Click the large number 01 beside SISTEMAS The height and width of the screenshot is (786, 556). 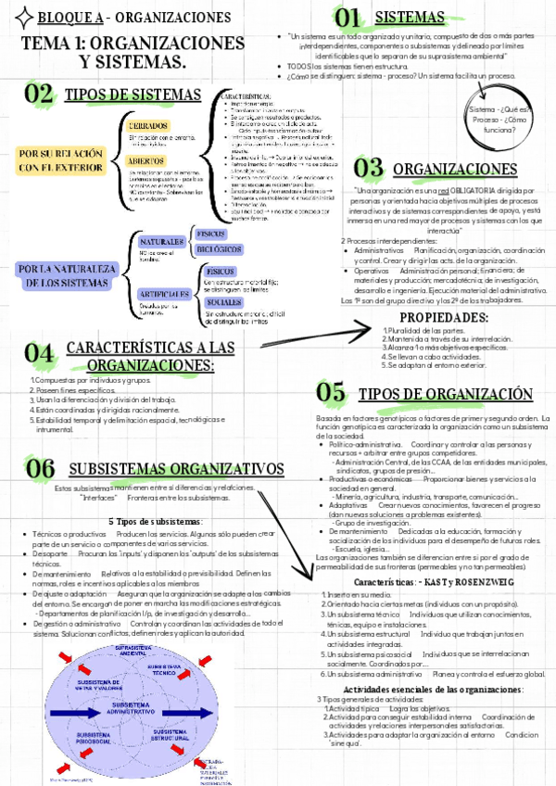pyautogui.click(x=348, y=17)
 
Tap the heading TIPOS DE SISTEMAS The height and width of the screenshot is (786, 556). pyautogui.click(x=133, y=95)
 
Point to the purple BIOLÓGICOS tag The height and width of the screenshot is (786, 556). pyautogui.click(x=220, y=249)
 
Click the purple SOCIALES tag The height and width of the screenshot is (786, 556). pyautogui.click(x=225, y=302)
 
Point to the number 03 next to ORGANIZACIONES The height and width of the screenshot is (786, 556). pyautogui.click(x=369, y=168)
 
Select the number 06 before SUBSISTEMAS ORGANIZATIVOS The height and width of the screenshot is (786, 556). pyautogui.click(x=42, y=468)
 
